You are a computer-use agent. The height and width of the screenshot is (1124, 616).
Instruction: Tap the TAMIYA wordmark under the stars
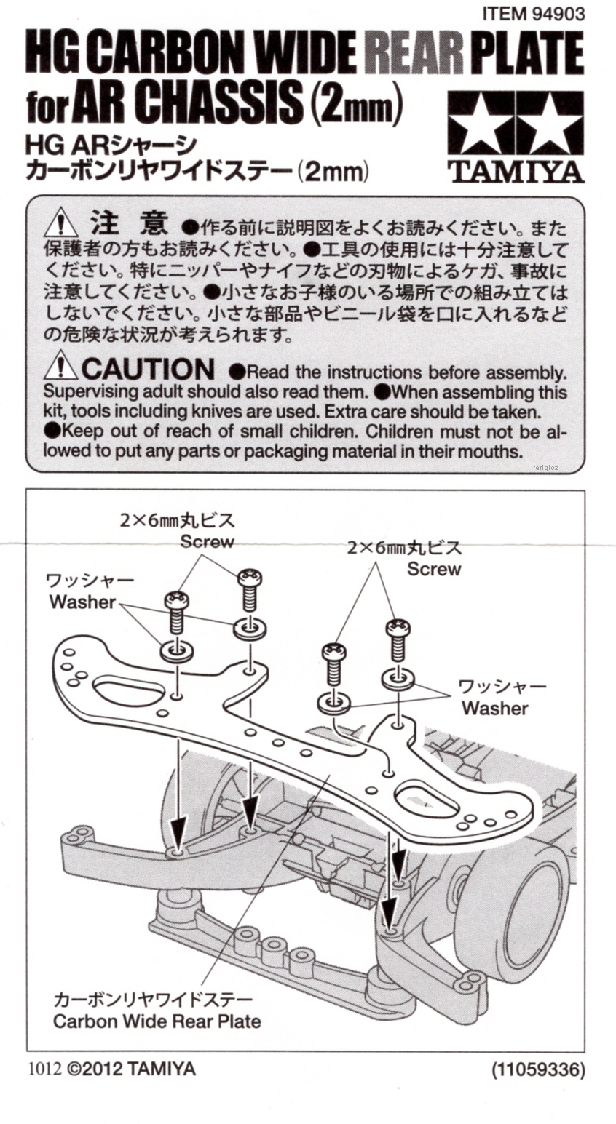[516, 171]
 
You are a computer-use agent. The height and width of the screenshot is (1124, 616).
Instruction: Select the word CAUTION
[148, 369]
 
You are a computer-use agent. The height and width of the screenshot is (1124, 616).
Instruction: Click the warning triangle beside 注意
[60, 222]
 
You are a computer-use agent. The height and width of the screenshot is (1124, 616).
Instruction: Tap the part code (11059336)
[538, 1069]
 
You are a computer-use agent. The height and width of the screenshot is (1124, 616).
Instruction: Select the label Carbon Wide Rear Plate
[157, 1021]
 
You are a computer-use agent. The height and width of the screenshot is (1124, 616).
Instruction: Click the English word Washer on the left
[82, 602]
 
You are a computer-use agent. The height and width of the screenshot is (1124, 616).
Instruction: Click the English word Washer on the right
[495, 707]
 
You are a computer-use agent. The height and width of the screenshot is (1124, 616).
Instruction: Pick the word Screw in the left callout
[208, 542]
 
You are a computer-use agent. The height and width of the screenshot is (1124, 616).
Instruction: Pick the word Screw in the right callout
[434, 569]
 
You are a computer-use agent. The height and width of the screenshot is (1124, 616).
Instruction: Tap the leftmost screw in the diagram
[177, 611]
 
